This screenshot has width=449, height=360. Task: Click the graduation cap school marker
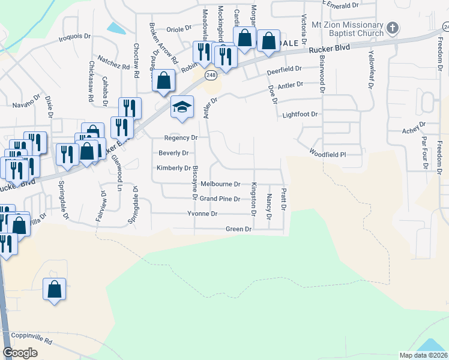click(x=182, y=107)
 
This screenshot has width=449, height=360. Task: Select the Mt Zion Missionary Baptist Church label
click(x=348, y=29)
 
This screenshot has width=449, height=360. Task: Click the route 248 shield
click(x=210, y=75)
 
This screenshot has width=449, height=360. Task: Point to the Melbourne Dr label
click(x=220, y=184)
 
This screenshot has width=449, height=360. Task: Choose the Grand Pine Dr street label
click(x=220, y=199)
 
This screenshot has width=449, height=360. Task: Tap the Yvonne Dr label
click(x=202, y=214)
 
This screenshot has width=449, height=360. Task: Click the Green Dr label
click(x=238, y=229)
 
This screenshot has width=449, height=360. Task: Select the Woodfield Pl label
click(x=328, y=154)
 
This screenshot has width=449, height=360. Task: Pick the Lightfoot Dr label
click(x=299, y=114)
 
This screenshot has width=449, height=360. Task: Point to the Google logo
click(x=20, y=353)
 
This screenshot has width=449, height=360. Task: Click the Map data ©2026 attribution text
click(x=423, y=355)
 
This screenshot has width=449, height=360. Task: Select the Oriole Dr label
click(x=178, y=28)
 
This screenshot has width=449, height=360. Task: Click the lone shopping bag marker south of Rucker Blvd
click(x=55, y=290)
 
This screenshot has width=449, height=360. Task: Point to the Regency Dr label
click(x=181, y=137)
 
